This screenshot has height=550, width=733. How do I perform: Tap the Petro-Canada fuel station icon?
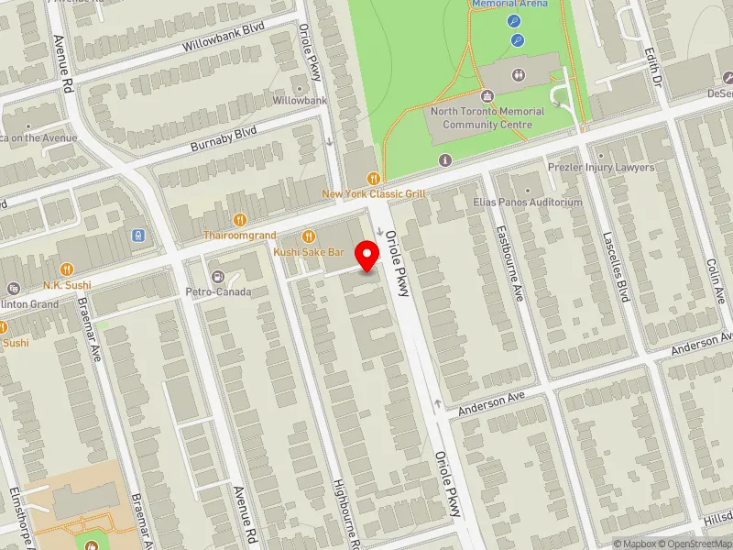(218, 276)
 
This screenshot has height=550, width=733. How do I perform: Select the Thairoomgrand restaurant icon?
(239, 219)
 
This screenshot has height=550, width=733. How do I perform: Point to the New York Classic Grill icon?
(373, 178)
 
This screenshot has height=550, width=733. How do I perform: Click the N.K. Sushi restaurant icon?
(66, 269)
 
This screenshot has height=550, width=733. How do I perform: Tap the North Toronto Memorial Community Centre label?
(487, 117)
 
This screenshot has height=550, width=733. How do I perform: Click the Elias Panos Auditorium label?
(528, 202)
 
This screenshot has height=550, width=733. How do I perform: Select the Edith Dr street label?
(652, 66)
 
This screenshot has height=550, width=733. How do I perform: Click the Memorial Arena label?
(509, 4)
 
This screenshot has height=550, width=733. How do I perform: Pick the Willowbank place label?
(300, 99)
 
